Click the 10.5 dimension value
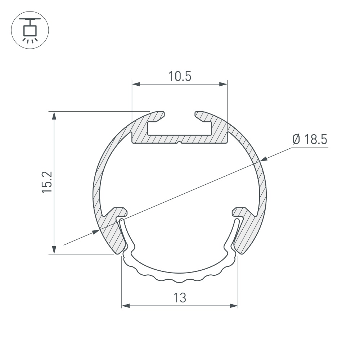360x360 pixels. point(180,77)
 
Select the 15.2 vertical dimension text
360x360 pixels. point(48,183)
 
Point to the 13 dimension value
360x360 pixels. point(180,298)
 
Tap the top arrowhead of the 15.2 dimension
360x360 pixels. point(54,115)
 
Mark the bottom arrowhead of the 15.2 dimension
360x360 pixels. point(54,250)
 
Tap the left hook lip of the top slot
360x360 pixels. point(158,115)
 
